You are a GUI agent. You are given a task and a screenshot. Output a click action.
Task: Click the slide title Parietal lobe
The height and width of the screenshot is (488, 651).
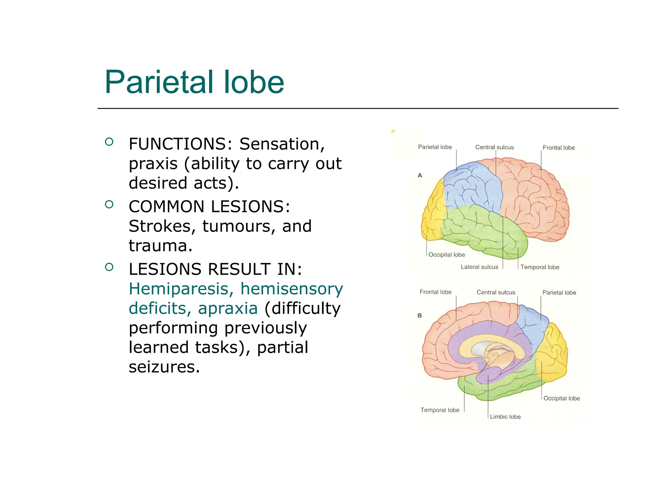(194, 82)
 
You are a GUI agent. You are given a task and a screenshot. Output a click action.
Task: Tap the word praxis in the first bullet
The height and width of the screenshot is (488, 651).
(153, 164)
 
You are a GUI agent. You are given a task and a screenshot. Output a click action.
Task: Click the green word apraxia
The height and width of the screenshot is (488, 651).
(228, 308)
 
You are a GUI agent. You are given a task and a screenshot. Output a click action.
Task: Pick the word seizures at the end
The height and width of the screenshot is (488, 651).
(164, 367)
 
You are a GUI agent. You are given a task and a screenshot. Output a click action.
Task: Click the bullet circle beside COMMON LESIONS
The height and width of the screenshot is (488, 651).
(109, 204)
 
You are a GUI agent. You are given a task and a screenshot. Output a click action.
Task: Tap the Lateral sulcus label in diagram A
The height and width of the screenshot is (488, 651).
(479, 267)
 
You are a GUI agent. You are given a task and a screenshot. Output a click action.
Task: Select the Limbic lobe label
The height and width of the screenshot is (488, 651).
(505, 417)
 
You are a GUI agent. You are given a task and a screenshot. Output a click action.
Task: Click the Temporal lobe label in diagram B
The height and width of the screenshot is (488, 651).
(440, 410)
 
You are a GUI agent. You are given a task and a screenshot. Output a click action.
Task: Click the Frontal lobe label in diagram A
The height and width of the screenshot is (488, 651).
(558, 148)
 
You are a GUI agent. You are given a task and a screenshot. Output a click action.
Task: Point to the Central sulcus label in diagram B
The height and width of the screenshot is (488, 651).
(496, 292)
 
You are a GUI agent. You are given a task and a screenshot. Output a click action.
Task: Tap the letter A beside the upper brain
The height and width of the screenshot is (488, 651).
(420, 175)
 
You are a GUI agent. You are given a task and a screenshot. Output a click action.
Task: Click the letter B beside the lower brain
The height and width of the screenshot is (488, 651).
(420, 315)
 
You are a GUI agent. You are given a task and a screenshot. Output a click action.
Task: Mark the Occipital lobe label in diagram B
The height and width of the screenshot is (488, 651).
(561, 398)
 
